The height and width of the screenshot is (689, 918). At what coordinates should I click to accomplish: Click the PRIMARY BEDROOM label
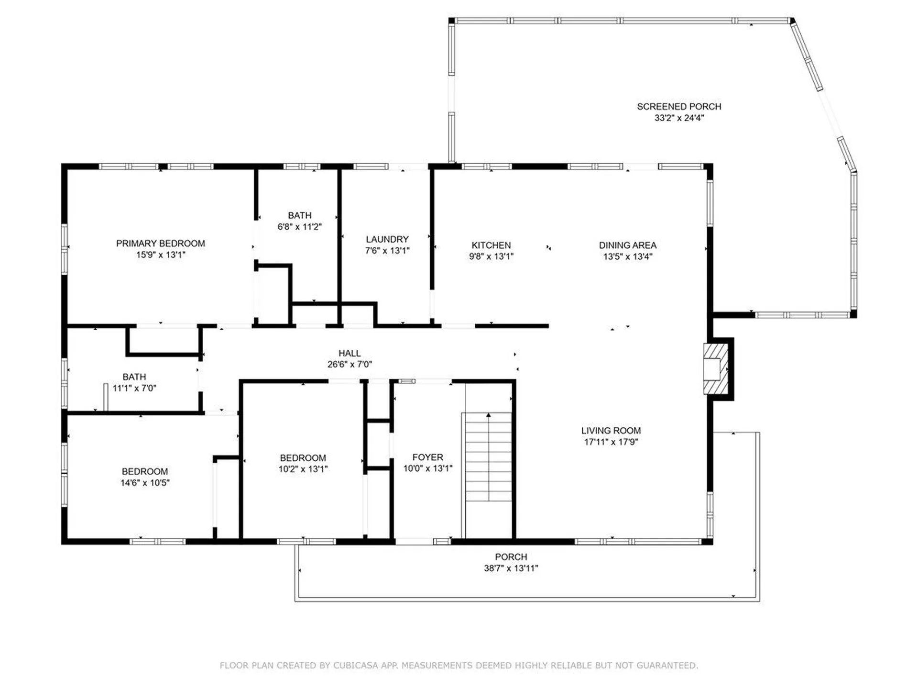click(161, 243)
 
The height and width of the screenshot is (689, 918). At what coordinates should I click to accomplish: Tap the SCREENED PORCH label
click(679, 106)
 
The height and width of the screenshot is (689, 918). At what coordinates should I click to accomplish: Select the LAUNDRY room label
click(387, 239)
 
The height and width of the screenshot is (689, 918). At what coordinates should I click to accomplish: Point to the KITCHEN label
click(491, 245)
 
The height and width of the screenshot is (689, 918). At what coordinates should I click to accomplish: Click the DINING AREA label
click(628, 245)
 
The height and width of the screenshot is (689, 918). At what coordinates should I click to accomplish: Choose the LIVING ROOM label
click(611, 431)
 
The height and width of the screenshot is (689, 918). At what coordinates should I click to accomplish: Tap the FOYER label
click(428, 457)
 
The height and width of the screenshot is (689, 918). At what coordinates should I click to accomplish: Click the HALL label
click(350, 353)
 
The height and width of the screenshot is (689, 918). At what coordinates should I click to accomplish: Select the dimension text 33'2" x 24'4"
click(679, 118)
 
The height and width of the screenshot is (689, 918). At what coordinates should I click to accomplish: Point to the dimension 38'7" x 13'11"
click(511, 568)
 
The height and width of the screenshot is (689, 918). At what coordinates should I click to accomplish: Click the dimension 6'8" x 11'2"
click(300, 226)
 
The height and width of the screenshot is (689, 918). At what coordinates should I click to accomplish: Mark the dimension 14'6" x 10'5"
click(145, 483)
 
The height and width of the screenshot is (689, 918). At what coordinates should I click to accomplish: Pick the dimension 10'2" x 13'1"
click(303, 469)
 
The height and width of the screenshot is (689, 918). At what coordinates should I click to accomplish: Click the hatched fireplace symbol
click(716, 369)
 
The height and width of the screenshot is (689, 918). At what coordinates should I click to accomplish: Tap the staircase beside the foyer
click(488, 457)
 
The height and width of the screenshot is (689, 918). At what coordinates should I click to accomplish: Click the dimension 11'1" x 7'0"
click(134, 388)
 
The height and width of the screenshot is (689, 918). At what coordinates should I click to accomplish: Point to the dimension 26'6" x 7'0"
click(350, 364)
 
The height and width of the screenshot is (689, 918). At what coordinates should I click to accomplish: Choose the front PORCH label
click(511, 556)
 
